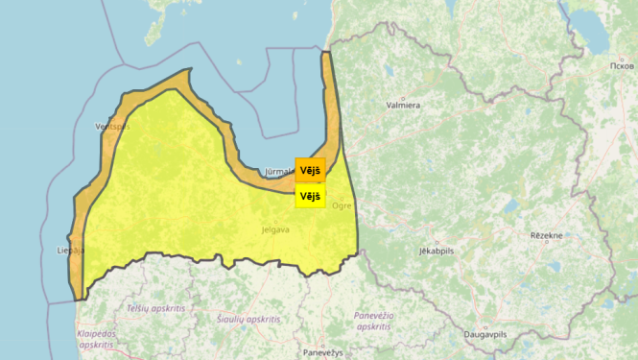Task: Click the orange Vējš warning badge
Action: click(x=310, y=170)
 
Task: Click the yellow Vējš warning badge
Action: click(x=310, y=196)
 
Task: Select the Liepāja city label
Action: click(x=71, y=251)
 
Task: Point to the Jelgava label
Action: click(x=275, y=230)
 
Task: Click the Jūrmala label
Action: click(x=278, y=172)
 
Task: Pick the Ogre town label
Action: click(x=342, y=205)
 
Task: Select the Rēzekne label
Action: click(x=550, y=234)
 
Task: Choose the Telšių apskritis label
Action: click(x=155, y=308)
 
